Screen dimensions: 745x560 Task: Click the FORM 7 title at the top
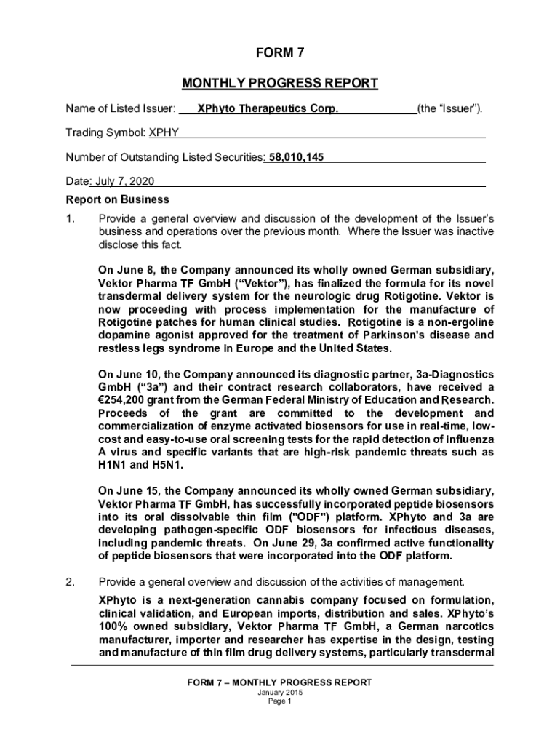point(280,54)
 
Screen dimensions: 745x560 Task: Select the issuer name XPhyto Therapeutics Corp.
point(263,109)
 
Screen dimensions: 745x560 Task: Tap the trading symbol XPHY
point(164,133)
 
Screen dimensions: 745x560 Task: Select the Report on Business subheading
point(117,199)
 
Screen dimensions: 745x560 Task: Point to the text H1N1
point(113,465)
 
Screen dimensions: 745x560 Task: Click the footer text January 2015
point(280,693)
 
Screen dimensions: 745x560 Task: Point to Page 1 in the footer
point(280,701)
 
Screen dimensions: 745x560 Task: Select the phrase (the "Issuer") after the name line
point(449,109)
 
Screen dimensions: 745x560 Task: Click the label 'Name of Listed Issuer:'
point(121,109)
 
